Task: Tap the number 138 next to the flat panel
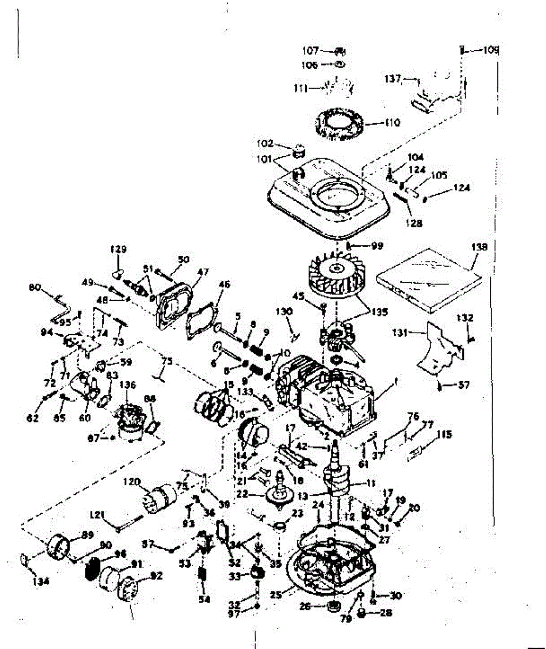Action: [x=479, y=247]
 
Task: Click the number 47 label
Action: [x=203, y=272]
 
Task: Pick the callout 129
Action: [x=118, y=249]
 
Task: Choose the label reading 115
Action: [x=445, y=434]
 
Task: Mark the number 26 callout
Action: [x=305, y=607]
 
